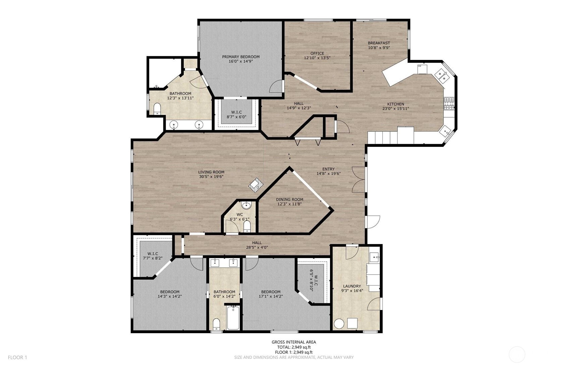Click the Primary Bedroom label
[240, 57]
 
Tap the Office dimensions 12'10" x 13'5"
[317, 58]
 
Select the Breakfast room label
[379, 43]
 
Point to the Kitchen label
[395, 104]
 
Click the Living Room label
[211, 172]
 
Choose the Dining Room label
[289, 199]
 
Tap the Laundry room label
[352, 286]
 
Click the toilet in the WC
[247, 226]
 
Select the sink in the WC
[246, 205]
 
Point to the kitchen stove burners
[449, 104]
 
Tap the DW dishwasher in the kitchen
[422, 69]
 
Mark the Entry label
[328, 169]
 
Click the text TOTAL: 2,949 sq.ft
[293, 347]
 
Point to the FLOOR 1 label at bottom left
[17, 357]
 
